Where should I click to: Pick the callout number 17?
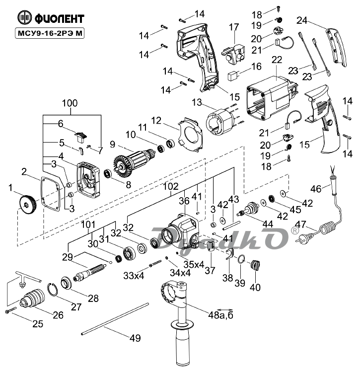pyautogui.click(x=234, y=26)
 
